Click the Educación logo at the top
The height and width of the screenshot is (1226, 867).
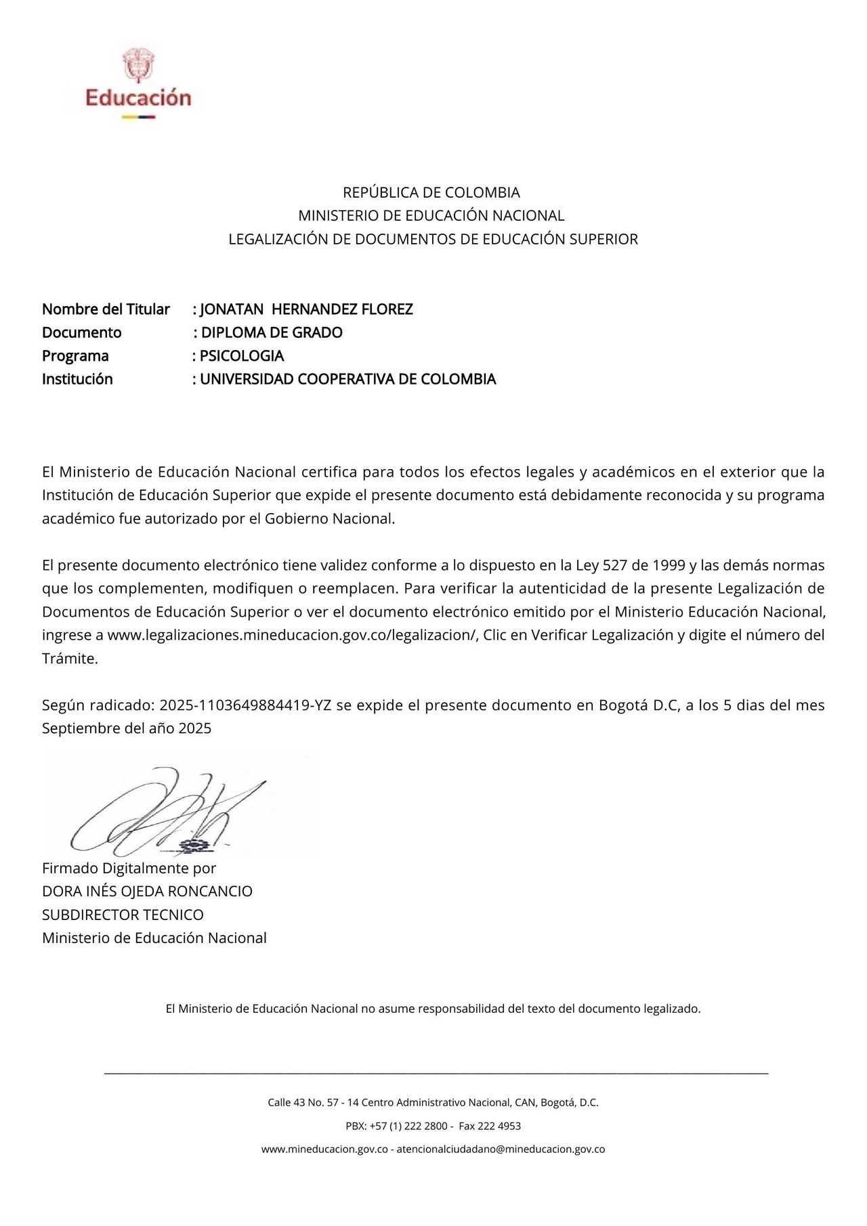tap(138, 85)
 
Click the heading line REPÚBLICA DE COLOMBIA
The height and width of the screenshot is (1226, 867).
tap(431, 192)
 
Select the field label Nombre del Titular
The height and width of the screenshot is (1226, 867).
tap(106, 309)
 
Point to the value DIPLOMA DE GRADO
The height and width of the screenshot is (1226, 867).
tap(272, 332)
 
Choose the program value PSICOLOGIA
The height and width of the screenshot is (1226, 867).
tap(242, 356)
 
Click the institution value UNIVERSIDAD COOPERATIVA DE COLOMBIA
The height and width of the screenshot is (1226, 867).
tap(347, 379)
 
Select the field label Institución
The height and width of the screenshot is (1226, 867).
tap(77, 379)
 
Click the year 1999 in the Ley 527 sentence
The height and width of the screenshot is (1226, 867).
tap(669, 565)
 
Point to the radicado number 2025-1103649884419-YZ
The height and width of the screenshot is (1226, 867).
tap(245, 705)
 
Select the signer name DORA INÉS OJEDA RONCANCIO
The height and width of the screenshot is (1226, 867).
tap(147, 892)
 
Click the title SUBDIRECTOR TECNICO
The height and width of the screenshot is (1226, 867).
tap(123, 915)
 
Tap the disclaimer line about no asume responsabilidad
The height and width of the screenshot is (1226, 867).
tap(433, 1009)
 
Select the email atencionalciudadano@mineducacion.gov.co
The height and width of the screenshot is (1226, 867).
tap(501, 1149)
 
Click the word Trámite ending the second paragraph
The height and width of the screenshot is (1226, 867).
tap(70, 659)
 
